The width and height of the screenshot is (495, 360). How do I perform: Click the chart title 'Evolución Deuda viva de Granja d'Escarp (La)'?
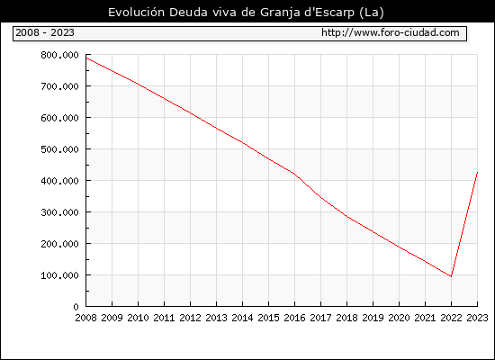pos(246,13)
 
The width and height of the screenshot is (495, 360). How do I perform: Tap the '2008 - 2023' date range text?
pos(45,32)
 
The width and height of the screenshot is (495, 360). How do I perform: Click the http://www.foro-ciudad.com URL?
pos(391,32)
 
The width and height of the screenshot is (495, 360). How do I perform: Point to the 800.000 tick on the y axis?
pos(59,55)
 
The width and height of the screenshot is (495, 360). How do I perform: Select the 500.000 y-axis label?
pos(59,149)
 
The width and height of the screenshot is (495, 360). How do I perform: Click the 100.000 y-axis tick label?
pos(59,275)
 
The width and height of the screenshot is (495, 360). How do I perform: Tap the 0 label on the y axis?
pos(76,307)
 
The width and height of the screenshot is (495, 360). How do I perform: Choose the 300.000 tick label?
pos(59,212)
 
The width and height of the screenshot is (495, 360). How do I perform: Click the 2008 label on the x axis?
pos(85,318)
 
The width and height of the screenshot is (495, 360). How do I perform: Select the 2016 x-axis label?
pos(294,318)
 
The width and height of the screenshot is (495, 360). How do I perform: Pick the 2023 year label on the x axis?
pos(477,318)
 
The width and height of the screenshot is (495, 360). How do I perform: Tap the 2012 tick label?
pos(191,318)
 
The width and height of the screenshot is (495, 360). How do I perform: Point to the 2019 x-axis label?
pos(373,318)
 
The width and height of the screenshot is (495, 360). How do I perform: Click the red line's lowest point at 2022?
pos(451,276)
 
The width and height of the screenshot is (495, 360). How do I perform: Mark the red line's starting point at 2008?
pos(86,58)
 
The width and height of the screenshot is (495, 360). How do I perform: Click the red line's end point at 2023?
pos(477,173)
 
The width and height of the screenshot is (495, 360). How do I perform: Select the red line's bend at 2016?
pos(294,174)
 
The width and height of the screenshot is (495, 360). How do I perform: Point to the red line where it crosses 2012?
pos(191,112)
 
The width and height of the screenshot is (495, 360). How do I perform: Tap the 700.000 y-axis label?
pos(59,86)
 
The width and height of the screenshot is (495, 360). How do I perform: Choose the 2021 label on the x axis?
pos(425,318)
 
